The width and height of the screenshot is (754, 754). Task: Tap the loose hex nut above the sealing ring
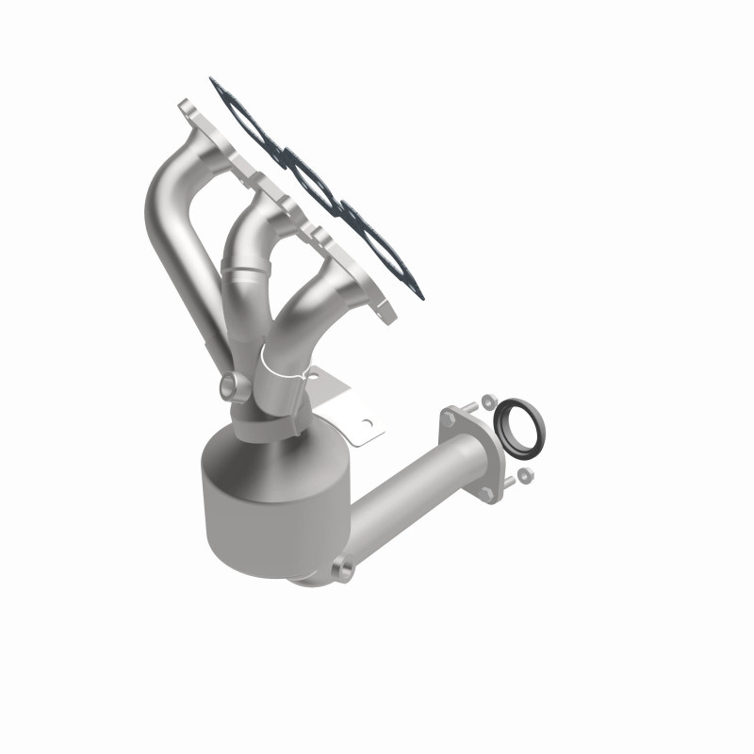pos(487,402)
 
